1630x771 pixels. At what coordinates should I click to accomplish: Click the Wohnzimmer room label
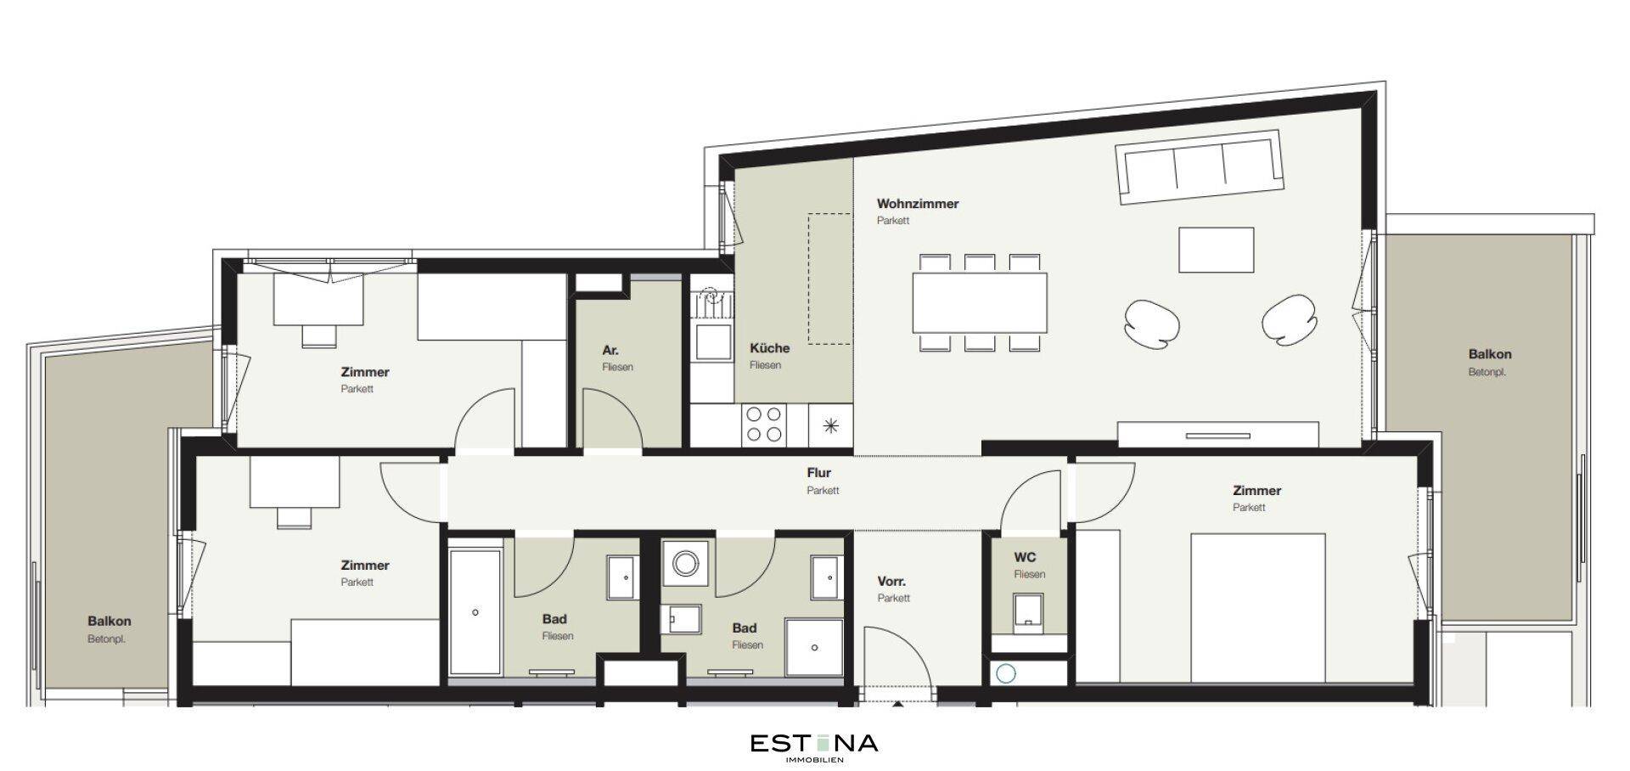pyautogui.click(x=918, y=204)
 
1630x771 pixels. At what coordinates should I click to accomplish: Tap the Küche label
pyautogui.click(x=769, y=348)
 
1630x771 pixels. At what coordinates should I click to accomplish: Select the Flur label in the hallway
pyautogui.click(x=818, y=473)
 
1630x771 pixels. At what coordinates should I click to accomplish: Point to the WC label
pyautogui.click(x=1025, y=558)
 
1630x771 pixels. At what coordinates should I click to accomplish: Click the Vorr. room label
pyautogui.click(x=891, y=582)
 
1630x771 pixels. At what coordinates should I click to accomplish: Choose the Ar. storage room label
pyautogui.click(x=610, y=350)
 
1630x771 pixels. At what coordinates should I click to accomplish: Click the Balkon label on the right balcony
pyautogui.click(x=1490, y=354)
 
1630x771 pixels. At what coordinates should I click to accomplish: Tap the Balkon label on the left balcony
pyautogui.click(x=110, y=622)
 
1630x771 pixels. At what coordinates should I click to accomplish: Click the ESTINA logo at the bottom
pyautogui.click(x=814, y=745)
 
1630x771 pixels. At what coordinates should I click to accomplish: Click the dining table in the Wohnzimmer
pyautogui.click(x=980, y=302)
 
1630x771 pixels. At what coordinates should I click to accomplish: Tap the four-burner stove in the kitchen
pyautogui.click(x=763, y=425)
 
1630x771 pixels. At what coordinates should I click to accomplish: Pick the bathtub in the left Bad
pyautogui.click(x=475, y=612)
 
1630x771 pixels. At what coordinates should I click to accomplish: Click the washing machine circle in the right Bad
pyautogui.click(x=684, y=562)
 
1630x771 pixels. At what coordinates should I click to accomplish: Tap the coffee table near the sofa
pyautogui.click(x=1216, y=250)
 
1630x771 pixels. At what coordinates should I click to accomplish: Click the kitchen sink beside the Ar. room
pyautogui.click(x=712, y=340)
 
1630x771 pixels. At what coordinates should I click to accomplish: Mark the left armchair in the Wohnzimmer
pyautogui.click(x=1152, y=324)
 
